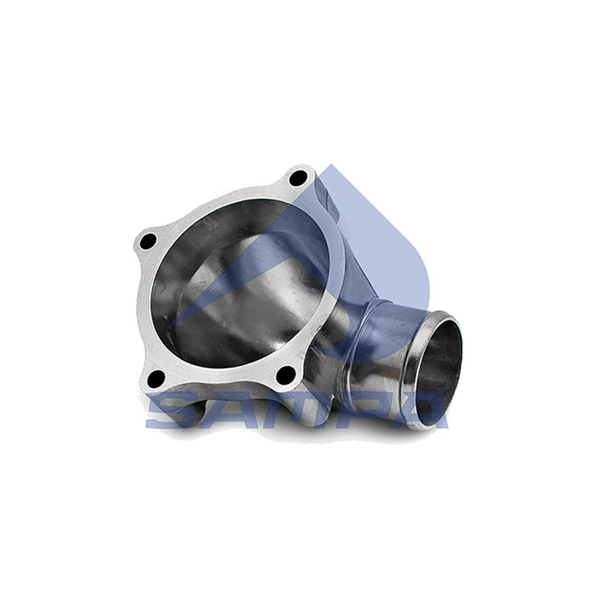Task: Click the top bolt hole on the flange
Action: point(298,177)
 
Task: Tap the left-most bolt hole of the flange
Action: point(148,242)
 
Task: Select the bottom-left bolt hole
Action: point(156,379)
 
